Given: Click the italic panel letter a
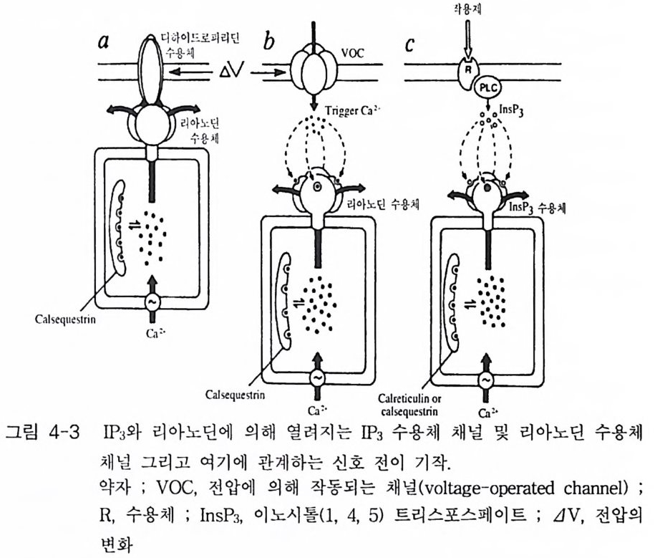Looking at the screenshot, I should point(105,42).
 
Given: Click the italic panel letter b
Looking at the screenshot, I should point(270,41).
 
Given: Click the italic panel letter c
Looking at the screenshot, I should point(409,43).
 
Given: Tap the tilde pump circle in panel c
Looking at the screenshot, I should point(487,380).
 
